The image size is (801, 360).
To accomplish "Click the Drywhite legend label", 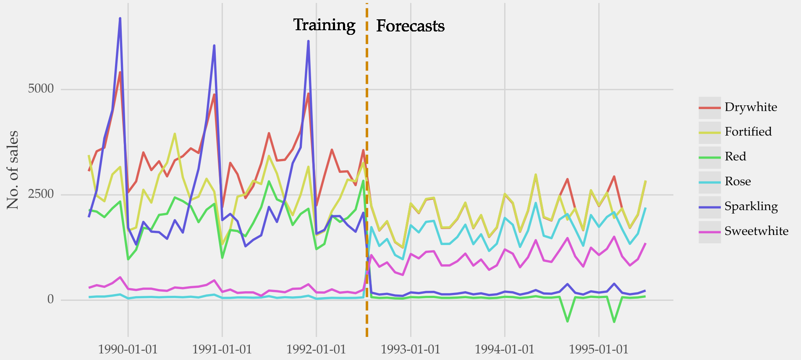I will click(751, 107).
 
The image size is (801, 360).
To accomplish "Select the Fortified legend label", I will click(748, 132).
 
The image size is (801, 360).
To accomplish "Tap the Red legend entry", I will click(735, 157).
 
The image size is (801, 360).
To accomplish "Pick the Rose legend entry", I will click(737, 181).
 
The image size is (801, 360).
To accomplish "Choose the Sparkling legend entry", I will click(751, 206).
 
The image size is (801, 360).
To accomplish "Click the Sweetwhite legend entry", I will click(756, 231).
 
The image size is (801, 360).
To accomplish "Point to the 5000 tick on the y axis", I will click(41, 89).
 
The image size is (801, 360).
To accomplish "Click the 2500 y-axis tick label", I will click(41, 194).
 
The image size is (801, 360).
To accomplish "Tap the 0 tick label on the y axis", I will click(50, 299).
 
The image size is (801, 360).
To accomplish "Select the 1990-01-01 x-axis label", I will click(128, 350).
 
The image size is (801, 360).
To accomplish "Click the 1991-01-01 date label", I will click(222, 350).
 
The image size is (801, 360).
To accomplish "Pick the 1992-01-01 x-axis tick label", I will click(316, 350).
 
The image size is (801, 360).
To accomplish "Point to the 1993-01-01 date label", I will click(410, 350).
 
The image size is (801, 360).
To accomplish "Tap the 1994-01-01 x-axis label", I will click(504, 350).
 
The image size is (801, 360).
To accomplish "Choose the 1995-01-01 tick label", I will click(598, 350).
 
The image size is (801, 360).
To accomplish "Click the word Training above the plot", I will click(324, 25).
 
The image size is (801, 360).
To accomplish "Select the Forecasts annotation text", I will click(410, 26).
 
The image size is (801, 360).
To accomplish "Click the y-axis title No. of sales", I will click(13, 170).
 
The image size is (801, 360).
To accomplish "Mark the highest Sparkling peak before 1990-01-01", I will click(120, 18).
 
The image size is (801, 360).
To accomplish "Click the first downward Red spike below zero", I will click(568, 321).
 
